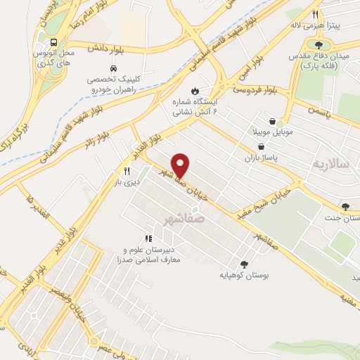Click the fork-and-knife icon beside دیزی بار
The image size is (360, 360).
pos(127,171)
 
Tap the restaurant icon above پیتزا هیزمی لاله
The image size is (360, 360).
pos(316,14)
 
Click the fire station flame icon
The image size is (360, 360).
pos(195,91)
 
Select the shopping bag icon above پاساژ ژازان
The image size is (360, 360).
pos(262,147)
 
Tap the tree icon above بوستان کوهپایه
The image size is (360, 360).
pos(243,264)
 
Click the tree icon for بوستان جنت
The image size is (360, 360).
pos(345,207)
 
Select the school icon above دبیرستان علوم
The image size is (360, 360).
pos(148,240)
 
